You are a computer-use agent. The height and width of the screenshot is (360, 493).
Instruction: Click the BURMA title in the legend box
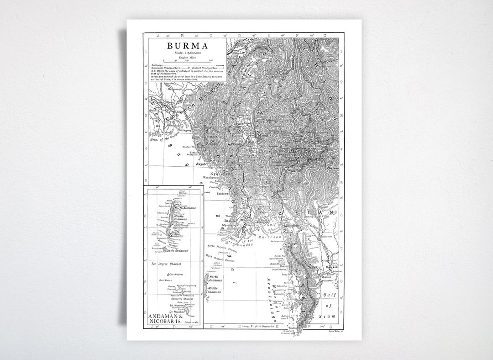pos(187,46)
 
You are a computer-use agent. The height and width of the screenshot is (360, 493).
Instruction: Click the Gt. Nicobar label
pos(176,312)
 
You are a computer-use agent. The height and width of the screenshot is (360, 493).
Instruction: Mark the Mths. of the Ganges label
pos(165,138)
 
